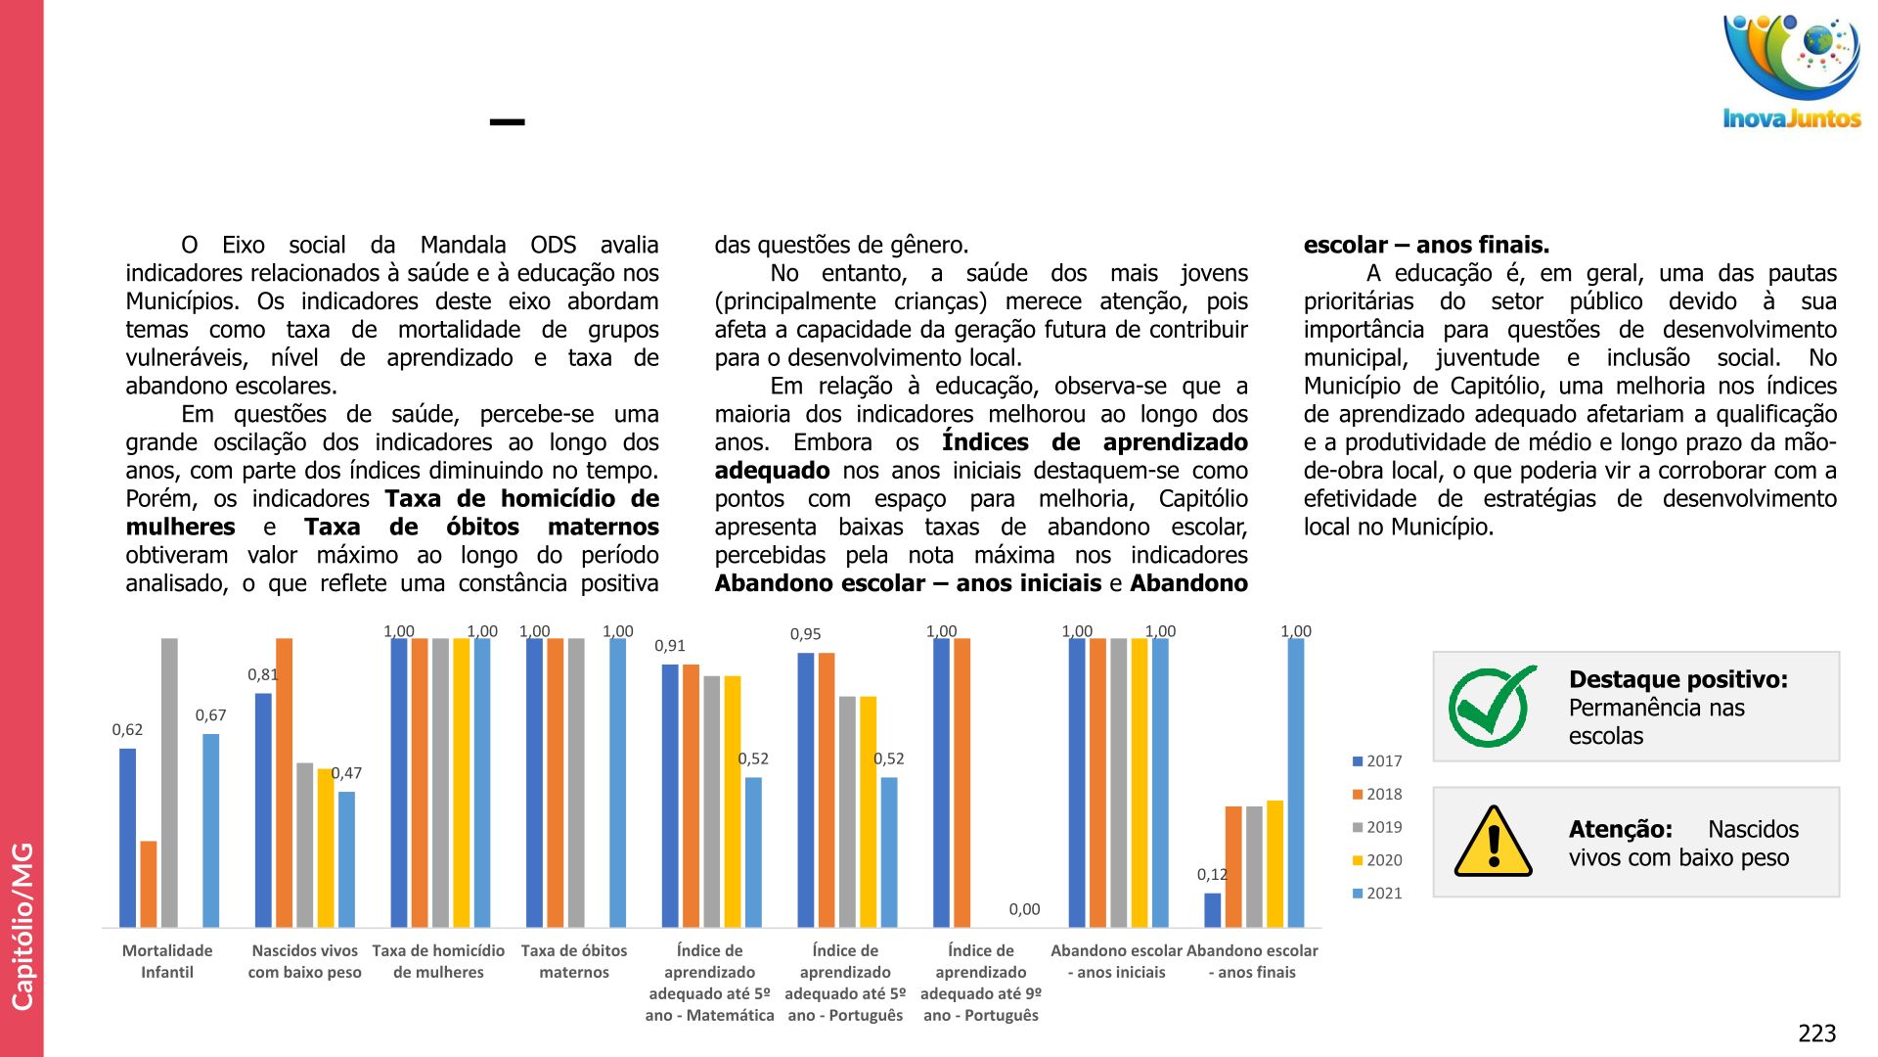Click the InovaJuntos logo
click(x=1791, y=70)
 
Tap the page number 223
click(x=1816, y=1034)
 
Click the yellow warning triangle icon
click(x=1493, y=842)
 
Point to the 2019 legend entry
click(x=1377, y=827)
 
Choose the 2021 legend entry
click(x=1377, y=893)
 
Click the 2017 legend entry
click(x=1377, y=760)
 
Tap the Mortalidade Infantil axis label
click(x=167, y=961)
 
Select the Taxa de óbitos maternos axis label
click(x=574, y=961)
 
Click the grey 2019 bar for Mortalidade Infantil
click(x=169, y=783)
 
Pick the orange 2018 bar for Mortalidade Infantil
click(x=149, y=884)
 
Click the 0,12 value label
click(x=1212, y=875)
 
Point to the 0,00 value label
click(x=1024, y=909)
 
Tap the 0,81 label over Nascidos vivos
click(x=262, y=674)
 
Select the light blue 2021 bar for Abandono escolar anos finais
click(x=1295, y=783)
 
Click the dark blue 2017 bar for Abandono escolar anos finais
click(x=1213, y=910)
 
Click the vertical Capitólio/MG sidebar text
click(x=22, y=925)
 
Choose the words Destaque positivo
click(x=1677, y=679)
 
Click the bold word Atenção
click(x=1620, y=829)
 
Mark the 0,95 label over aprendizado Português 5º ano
click(x=805, y=634)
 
